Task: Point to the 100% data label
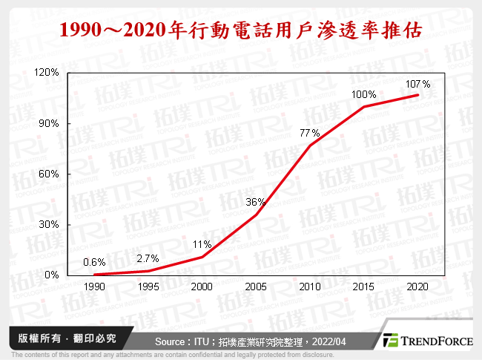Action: tap(364, 95)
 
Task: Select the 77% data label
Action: tap(309, 133)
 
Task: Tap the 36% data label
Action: tap(256, 202)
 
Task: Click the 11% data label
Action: tap(202, 244)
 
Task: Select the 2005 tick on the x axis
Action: tap(257, 285)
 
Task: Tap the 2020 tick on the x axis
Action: tap(417, 285)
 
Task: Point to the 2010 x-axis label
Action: tap(310, 285)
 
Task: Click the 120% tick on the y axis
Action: tap(48, 73)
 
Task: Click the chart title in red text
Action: tap(241, 30)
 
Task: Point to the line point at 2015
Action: tap(364, 106)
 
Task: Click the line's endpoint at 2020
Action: tap(418, 95)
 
